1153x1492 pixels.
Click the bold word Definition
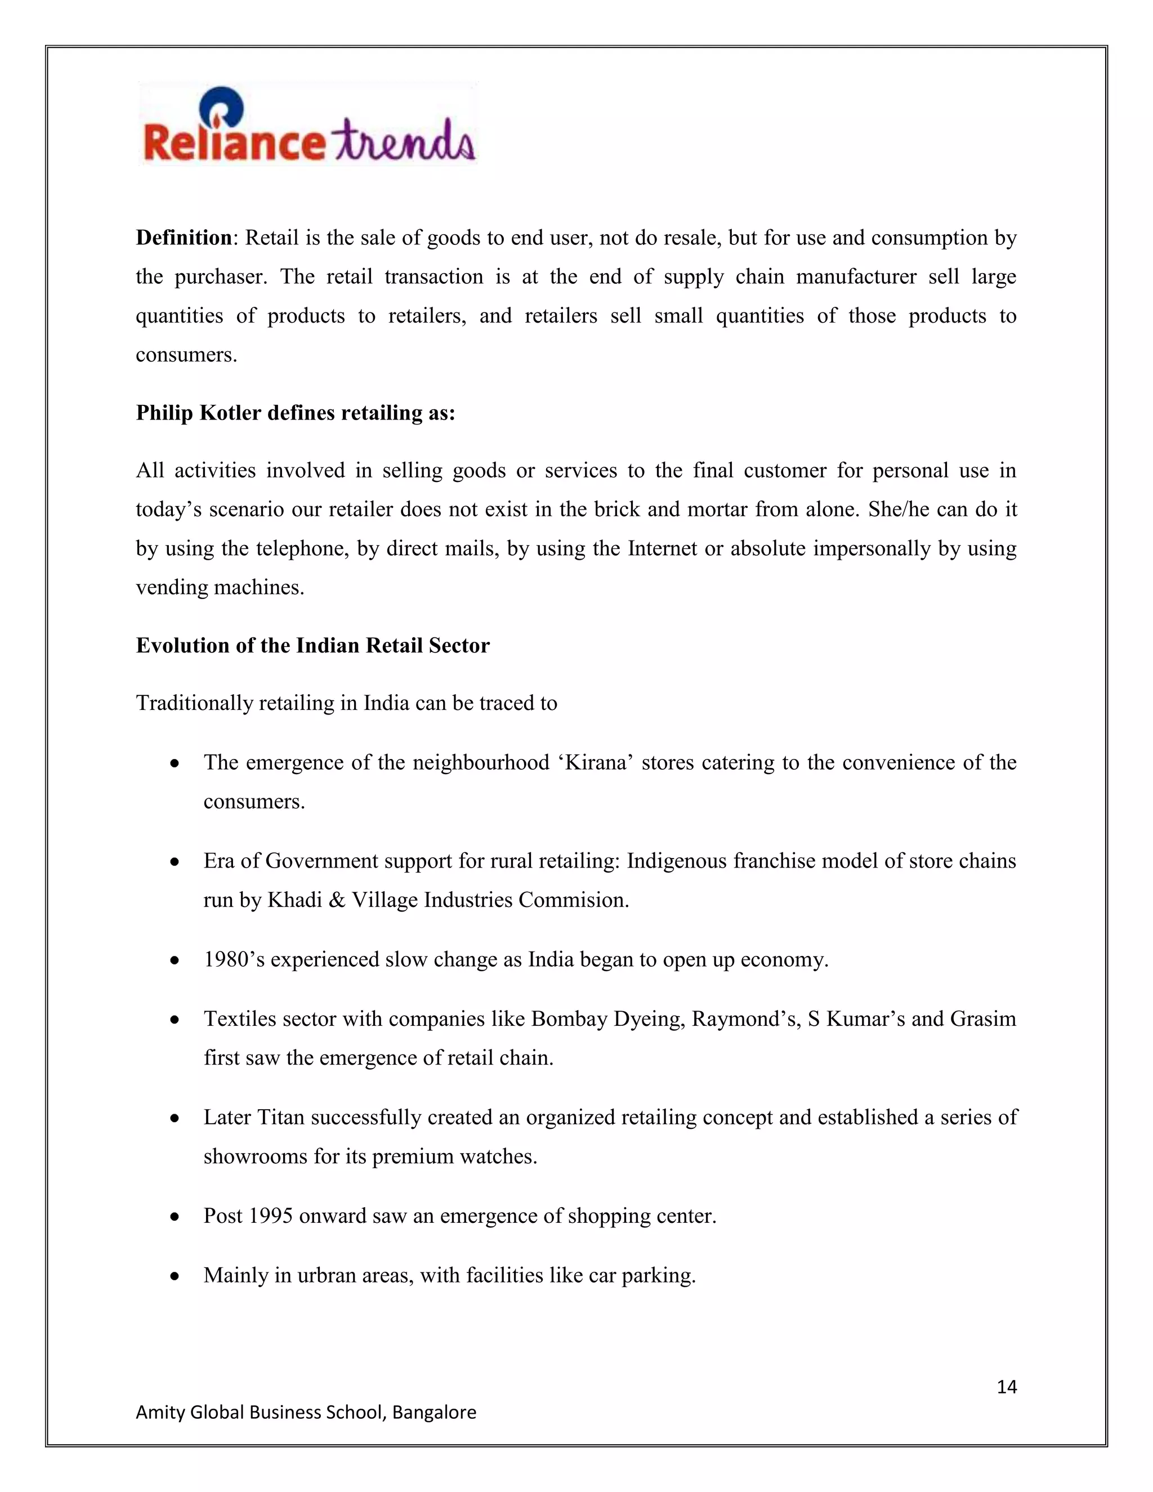click(184, 238)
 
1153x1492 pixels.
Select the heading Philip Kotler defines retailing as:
click(295, 413)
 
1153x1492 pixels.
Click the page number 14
click(1006, 1387)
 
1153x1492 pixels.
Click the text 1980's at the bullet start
click(234, 960)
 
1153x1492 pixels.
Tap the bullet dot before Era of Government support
click(175, 862)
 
